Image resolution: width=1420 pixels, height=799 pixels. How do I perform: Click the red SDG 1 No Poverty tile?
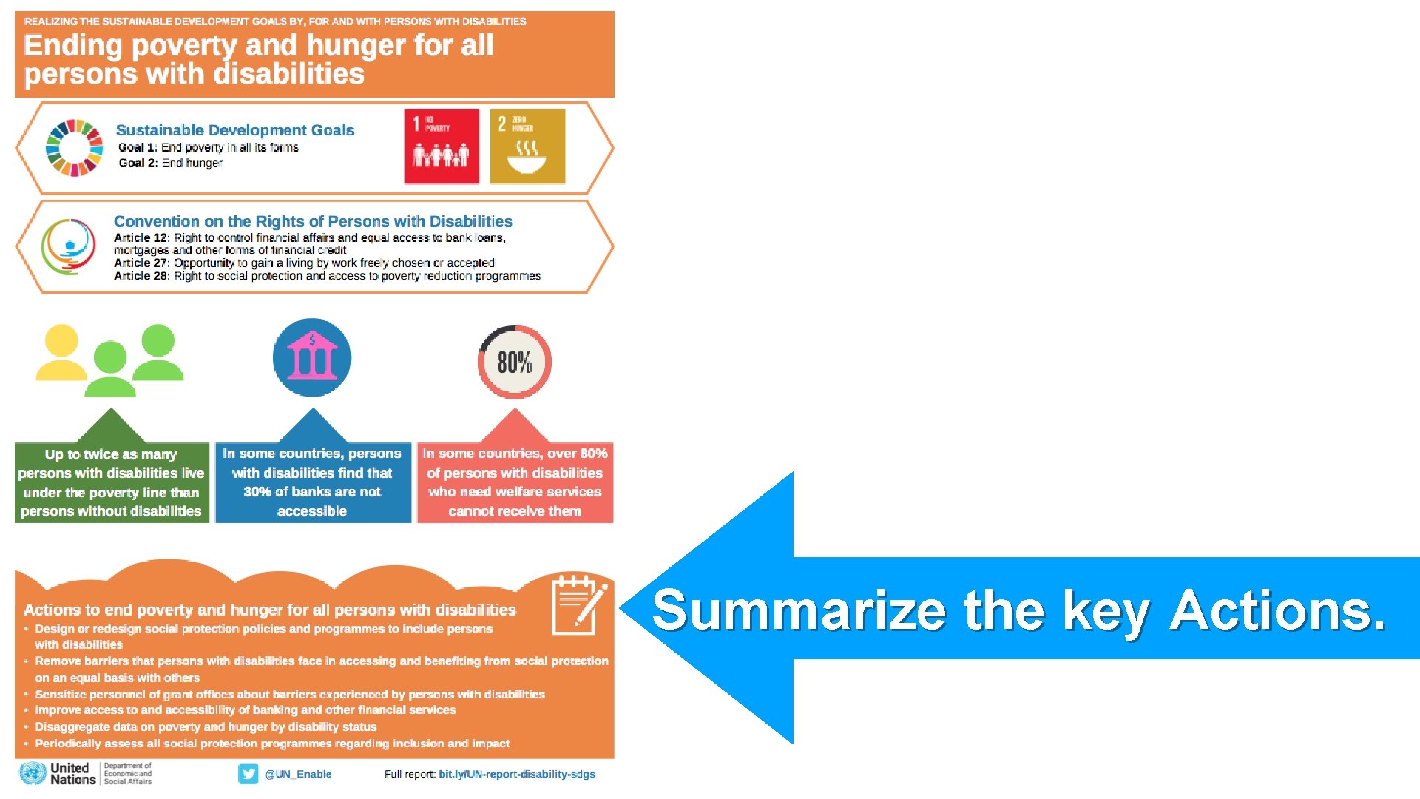(x=442, y=146)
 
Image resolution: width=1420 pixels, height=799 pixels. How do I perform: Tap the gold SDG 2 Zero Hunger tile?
(x=527, y=146)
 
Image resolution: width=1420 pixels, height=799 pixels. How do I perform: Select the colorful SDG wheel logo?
(x=74, y=148)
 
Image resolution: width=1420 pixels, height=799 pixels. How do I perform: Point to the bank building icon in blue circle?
(x=312, y=358)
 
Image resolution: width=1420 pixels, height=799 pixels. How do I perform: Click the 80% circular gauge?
(x=515, y=362)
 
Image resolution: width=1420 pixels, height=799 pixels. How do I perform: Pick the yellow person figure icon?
(x=61, y=352)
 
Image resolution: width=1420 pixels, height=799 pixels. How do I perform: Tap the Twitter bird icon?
(x=248, y=774)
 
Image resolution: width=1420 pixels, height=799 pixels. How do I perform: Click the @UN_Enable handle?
(x=298, y=775)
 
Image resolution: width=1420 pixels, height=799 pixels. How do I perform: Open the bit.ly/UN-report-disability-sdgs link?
(x=517, y=775)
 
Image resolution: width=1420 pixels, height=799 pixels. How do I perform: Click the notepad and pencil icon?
(x=578, y=605)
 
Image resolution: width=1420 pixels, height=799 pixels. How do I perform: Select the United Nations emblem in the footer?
(x=33, y=774)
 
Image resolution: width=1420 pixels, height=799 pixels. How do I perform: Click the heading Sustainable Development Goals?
(x=235, y=130)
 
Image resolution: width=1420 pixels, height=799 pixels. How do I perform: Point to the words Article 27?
(x=141, y=263)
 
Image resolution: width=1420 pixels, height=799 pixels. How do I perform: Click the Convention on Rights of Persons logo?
(x=68, y=246)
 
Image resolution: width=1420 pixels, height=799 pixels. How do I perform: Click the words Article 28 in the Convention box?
(x=141, y=276)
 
